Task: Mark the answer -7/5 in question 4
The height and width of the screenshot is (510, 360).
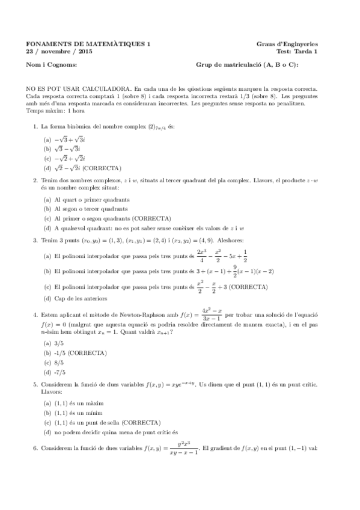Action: coord(59,373)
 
